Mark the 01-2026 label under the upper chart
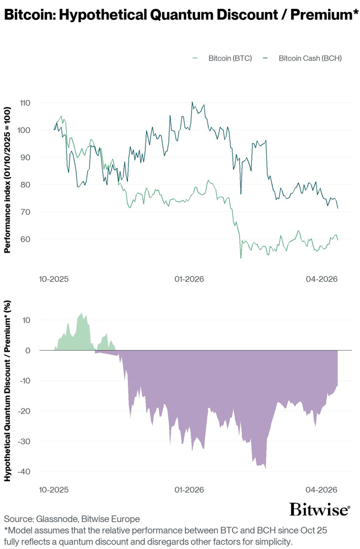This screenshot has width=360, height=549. pyautogui.click(x=189, y=279)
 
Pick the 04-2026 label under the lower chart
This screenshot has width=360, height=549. pyautogui.click(x=322, y=489)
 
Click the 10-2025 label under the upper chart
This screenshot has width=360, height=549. pyautogui.click(x=53, y=279)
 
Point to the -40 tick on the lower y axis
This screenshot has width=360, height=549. pyautogui.click(x=25, y=472)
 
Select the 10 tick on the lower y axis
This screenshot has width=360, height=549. pyautogui.click(x=26, y=320)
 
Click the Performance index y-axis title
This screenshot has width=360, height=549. pyautogui.click(x=8, y=180)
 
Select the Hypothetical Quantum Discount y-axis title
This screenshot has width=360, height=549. pyautogui.click(x=8, y=392)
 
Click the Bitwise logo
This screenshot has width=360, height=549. pyautogui.click(x=319, y=509)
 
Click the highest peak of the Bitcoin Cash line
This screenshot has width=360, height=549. pyautogui.click(x=192, y=102)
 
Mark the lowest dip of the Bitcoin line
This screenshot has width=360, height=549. pyautogui.click(x=241, y=258)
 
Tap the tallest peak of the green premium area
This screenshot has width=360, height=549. pyautogui.click(x=81, y=313)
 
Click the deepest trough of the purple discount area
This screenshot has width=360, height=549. pyautogui.click(x=266, y=469)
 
